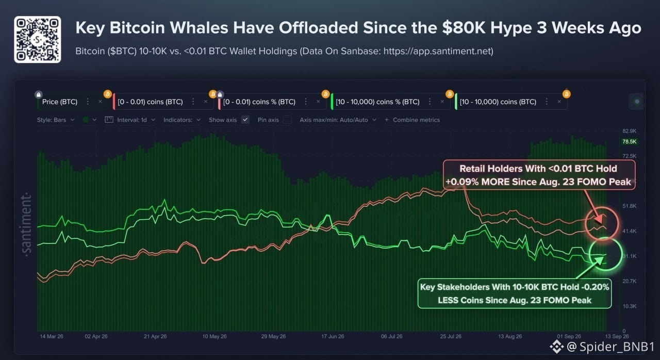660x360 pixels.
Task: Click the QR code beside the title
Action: point(38,40)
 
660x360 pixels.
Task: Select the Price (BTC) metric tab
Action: point(59,102)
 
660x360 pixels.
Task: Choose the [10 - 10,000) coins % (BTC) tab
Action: point(377,102)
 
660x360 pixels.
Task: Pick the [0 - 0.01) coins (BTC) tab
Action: point(150,102)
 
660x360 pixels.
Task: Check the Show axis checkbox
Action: point(245,120)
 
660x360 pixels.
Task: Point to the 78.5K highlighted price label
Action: point(629,142)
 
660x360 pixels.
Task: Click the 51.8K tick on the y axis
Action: point(630,206)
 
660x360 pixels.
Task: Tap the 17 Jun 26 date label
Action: point(333,336)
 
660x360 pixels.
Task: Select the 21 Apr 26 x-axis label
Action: point(155,336)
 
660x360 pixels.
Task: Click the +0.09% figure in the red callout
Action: point(463,182)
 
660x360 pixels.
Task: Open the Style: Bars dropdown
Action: point(56,120)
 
